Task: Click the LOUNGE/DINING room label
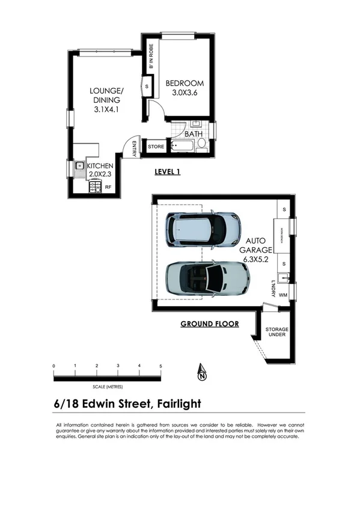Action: point(106,100)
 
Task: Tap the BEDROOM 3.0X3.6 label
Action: point(185,88)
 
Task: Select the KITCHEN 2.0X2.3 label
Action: point(99,170)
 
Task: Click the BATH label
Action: point(193,134)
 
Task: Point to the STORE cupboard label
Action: point(156,146)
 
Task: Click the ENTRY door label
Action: point(135,147)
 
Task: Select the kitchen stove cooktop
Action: point(94,188)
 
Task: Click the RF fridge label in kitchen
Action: point(108,188)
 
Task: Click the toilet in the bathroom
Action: point(202,144)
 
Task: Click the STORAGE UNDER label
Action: point(277,333)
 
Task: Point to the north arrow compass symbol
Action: point(202,373)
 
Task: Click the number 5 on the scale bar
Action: point(160,366)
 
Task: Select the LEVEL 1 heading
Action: point(168,171)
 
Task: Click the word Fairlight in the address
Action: point(178,404)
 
